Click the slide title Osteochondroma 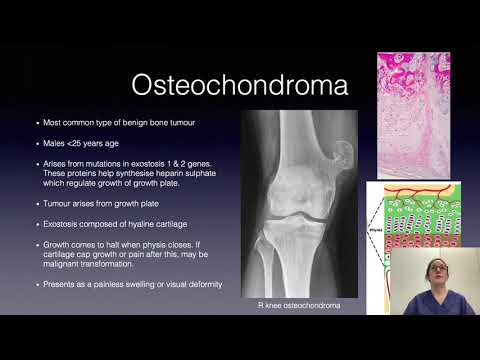[240, 84]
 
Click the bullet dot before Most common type [37, 123]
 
